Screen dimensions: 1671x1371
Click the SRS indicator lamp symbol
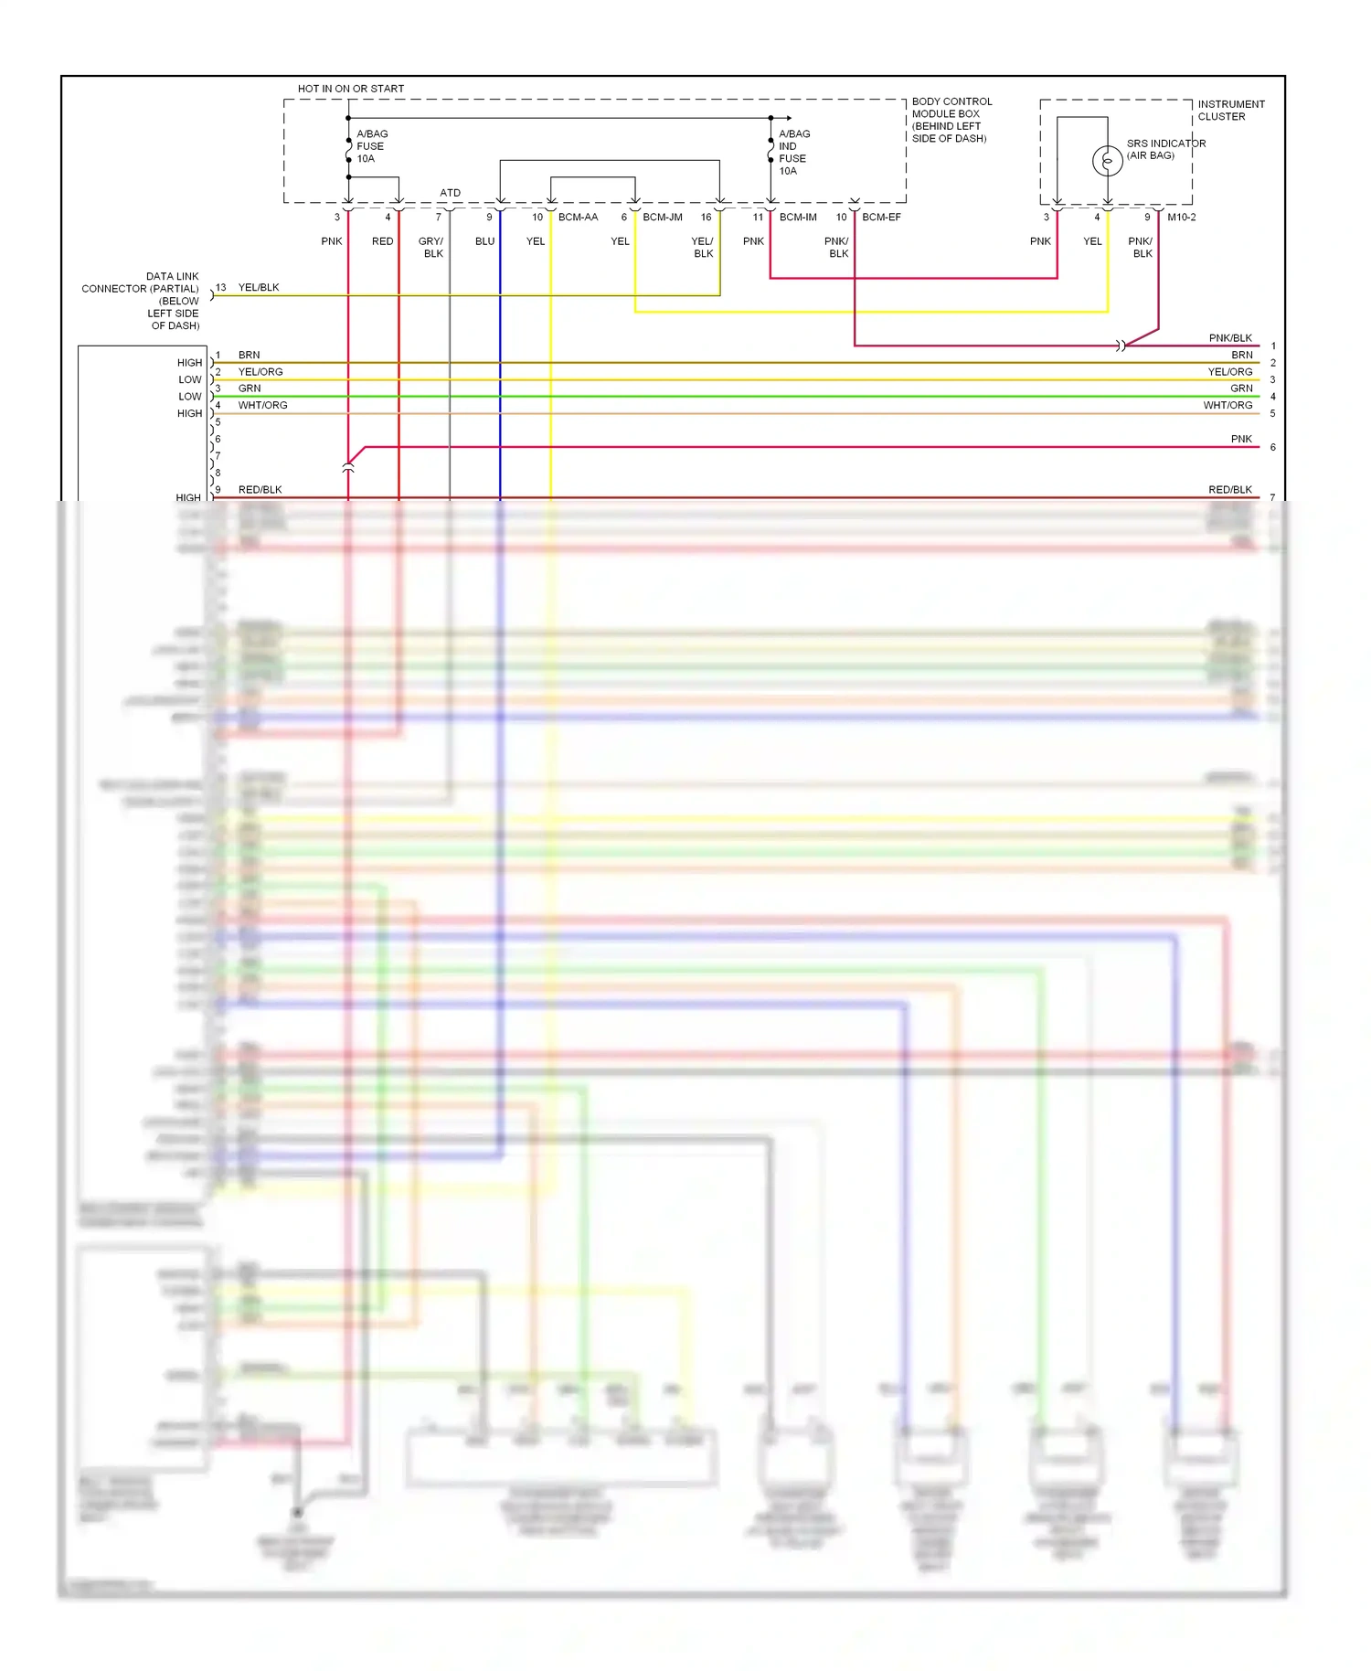tap(1107, 161)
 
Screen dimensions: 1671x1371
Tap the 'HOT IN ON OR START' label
tap(350, 89)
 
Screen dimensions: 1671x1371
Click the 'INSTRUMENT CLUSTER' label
tap(1230, 111)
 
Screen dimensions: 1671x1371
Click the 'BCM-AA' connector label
tap(578, 218)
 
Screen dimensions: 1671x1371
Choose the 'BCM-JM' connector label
tap(663, 218)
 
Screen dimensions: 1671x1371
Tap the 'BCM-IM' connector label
tap(798, 218)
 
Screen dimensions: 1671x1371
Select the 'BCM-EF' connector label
tap(881, 218)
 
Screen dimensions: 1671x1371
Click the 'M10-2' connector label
tap(1181, 218)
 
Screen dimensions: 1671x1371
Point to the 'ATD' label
tap(450, 193)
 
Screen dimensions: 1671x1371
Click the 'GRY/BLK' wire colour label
tap(431, 248)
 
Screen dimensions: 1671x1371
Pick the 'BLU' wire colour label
tap(484, 241)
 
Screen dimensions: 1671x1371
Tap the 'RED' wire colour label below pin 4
tap(382, 241)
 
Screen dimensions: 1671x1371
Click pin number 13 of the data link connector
tap(220, 287)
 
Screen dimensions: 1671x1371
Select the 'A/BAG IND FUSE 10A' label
tap(793, 153)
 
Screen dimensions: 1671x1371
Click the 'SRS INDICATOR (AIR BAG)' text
tap(1164, 149)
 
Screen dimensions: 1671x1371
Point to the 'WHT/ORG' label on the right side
tap(1227, 405)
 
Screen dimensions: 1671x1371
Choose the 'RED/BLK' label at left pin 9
tap(260, 490)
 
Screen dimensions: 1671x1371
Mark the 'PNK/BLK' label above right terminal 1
tap(1229, 338)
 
